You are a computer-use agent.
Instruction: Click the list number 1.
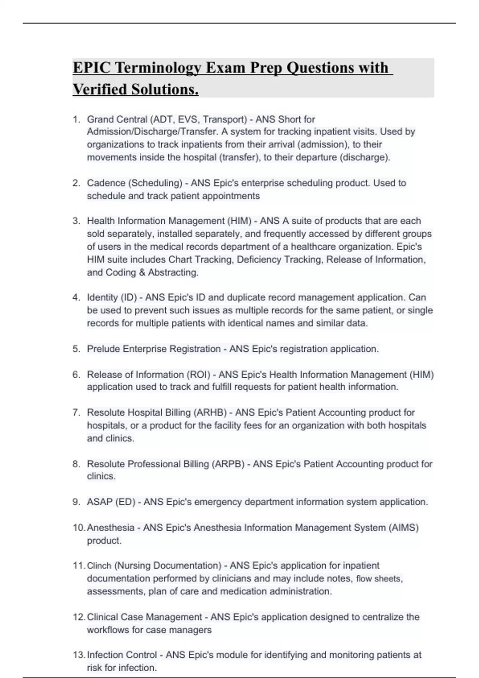(76, 119)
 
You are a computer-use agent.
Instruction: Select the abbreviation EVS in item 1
(188, 119)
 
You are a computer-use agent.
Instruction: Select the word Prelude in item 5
(103, 349)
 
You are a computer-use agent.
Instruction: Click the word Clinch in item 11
(99, 566)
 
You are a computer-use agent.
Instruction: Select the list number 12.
(79, 617)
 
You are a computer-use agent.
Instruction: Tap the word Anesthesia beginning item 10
(111, 528)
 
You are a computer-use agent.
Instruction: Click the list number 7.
(76, 412)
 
